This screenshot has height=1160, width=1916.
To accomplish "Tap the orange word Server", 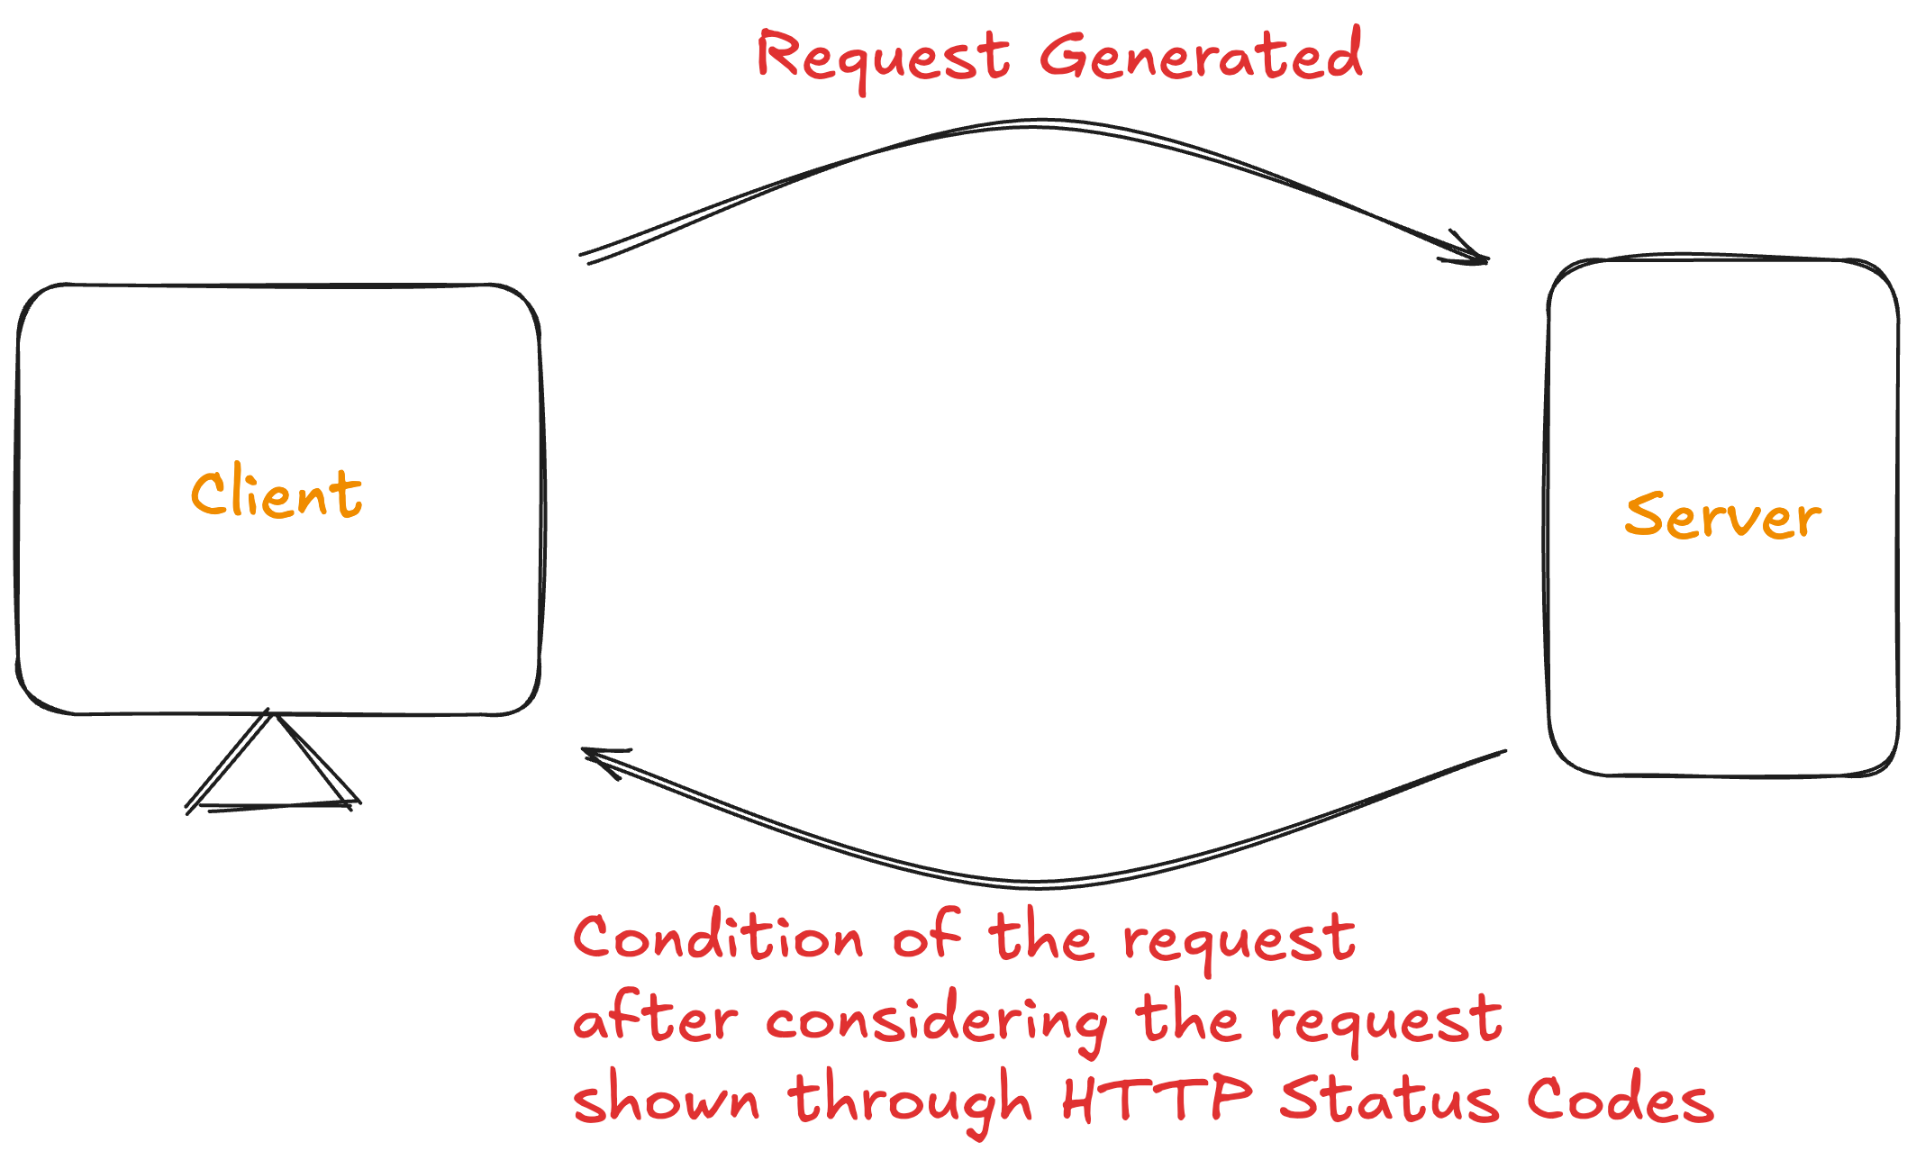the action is pos(1722,516).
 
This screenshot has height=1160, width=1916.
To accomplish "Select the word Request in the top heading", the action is pos(883,58).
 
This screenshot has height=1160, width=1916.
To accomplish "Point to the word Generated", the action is pos(1201,54).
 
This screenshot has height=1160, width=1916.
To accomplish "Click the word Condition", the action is pos(718,936).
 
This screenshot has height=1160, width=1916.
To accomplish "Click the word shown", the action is pos(667,1098).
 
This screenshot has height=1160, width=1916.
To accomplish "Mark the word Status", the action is pos(1390,1098).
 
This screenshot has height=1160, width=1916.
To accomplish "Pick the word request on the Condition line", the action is pos(1239,940).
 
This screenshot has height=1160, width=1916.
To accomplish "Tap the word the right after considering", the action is pos(1188,1018).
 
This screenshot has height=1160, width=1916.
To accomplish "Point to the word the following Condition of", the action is pos(1042,936).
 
